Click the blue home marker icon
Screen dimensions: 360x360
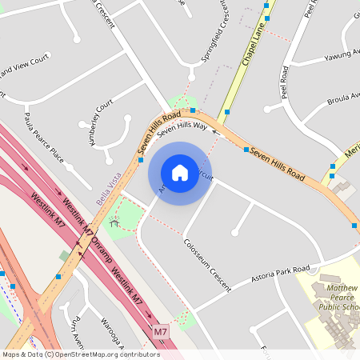pos(180,173)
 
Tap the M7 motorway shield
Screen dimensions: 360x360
pos(162,330)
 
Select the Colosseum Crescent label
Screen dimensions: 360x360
pos(206,264)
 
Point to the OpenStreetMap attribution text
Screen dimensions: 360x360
pos(81,354)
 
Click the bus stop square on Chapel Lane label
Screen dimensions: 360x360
pos(267,18)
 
